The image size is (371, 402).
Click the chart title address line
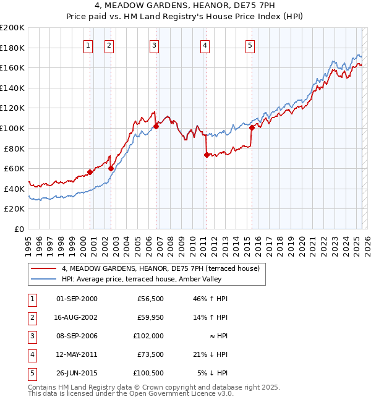click(x=185, y=7)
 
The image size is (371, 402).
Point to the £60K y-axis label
click(x=14, y=168)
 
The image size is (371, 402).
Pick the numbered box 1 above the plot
click(x=88, y=45)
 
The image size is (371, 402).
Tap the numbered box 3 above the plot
click(x=154, y=45)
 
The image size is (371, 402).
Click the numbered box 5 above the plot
click(x=250, y=45)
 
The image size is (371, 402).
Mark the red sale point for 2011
click(x=206, y=155)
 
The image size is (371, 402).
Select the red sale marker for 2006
click(x=156, y=126)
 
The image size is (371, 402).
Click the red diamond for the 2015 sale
click(x=252, y=127)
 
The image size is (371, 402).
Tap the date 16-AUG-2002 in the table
click(x=77, y=317)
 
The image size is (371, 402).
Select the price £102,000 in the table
click(x=148, y=336)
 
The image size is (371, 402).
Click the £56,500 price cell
click(x=150, y=299)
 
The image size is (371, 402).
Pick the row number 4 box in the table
click(x=31, y=354)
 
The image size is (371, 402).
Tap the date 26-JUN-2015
click(x=77, y=373)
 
